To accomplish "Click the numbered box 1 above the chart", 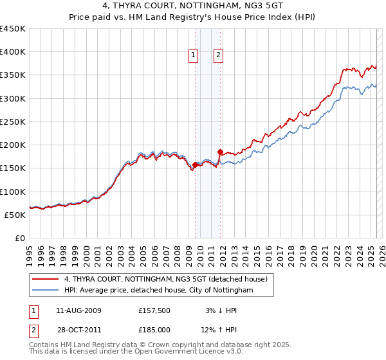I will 193,56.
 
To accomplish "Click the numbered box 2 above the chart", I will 219,56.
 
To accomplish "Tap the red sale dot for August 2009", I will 195,165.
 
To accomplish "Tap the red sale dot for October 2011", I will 220,152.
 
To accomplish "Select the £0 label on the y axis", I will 19,238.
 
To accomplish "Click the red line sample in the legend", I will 45,279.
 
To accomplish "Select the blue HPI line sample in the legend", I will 45,291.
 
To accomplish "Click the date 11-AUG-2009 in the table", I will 78,310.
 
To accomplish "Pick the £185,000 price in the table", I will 154,330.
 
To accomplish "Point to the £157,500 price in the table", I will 154,310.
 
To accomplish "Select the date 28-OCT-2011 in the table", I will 78,330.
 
